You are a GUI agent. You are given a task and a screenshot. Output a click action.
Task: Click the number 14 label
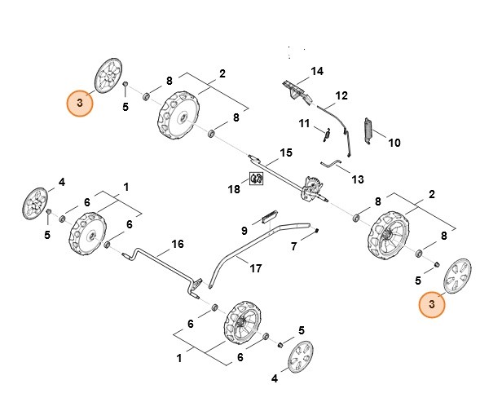coord(317,71)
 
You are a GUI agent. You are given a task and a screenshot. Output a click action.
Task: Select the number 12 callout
coord(341,95)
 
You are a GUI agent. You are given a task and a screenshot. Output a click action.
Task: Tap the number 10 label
coord(394,143)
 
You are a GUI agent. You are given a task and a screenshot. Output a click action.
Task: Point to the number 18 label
coord(234,188)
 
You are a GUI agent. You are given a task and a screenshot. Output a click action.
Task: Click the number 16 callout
coord(177,243)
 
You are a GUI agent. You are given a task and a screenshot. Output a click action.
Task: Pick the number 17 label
coord(255,268)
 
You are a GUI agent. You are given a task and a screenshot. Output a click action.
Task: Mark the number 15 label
coord(285,152)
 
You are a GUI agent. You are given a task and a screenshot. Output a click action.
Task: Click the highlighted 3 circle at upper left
coord(79,103)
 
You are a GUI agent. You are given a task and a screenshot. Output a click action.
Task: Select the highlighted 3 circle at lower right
coord(433,304)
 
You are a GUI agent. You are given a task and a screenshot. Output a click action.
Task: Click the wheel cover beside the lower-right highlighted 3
coord(457,276)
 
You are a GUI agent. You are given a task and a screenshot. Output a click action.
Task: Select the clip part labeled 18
coord(256,179)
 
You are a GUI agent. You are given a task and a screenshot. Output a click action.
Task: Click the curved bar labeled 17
coord(244,245)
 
